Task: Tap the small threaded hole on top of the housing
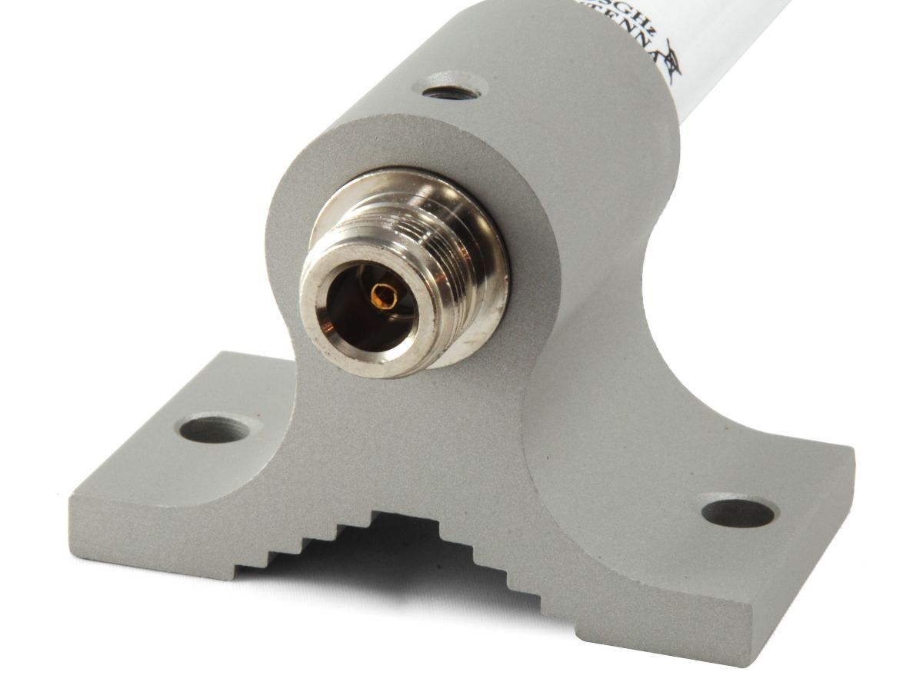point(452,91)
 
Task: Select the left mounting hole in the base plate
point(215,429)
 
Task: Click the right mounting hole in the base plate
point(738,512)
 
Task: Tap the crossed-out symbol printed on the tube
point(671,60)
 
